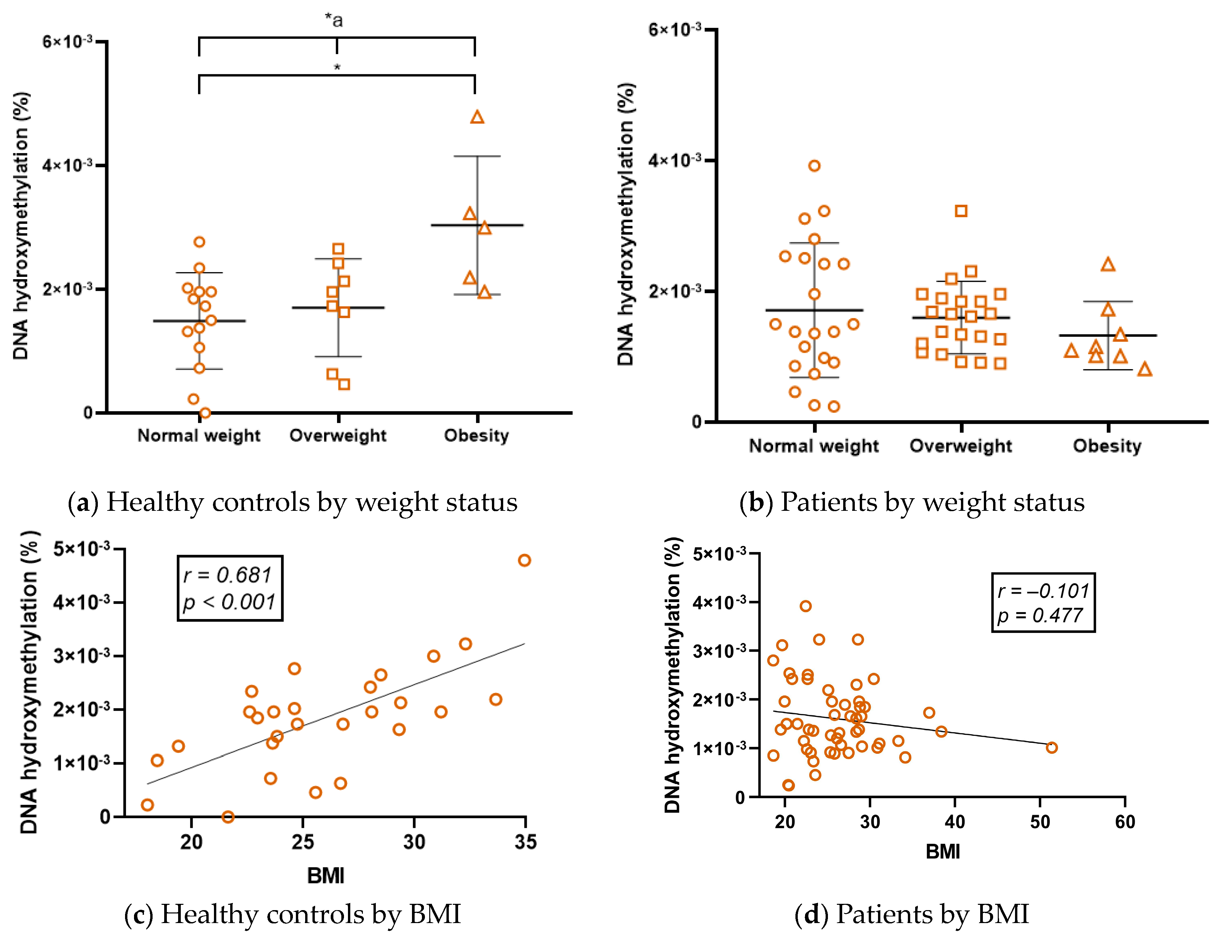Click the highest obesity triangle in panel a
click(477, 117)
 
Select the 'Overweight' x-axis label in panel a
click(338, 435)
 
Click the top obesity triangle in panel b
click(1108, 265)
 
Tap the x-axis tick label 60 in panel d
click(1125, 822)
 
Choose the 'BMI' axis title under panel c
click(326, 876)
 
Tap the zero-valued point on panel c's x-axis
click(228, 817)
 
